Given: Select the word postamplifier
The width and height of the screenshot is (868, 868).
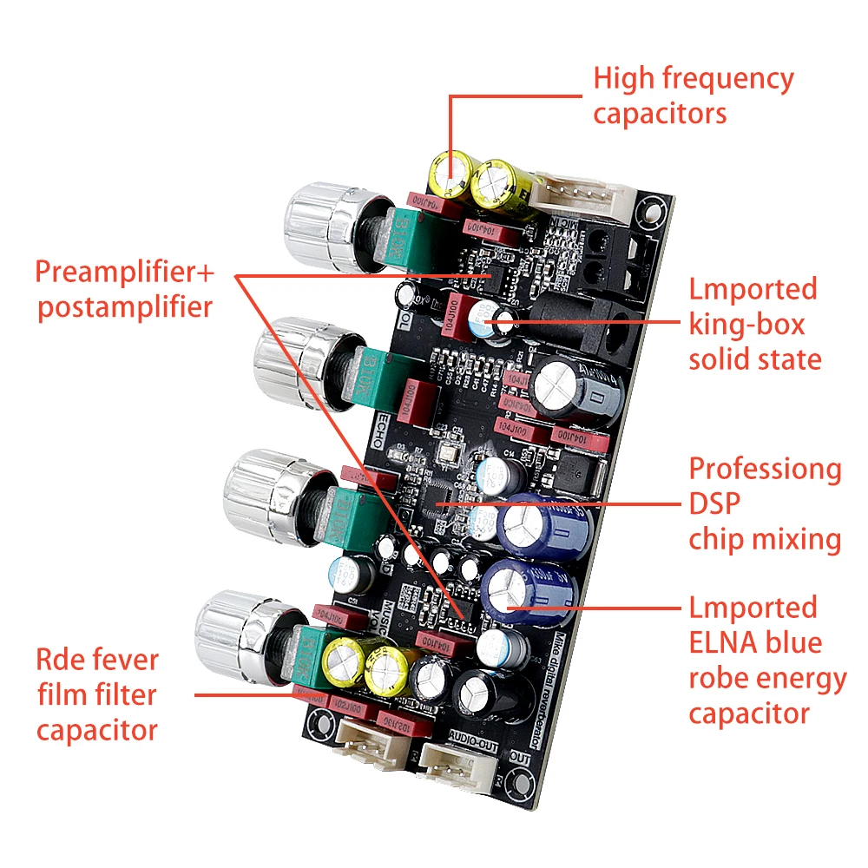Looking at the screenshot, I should click(123, 307).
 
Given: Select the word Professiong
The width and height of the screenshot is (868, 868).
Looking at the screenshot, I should click(765, 470).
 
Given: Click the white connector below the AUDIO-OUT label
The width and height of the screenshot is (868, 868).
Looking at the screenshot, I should click(457, 768).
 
